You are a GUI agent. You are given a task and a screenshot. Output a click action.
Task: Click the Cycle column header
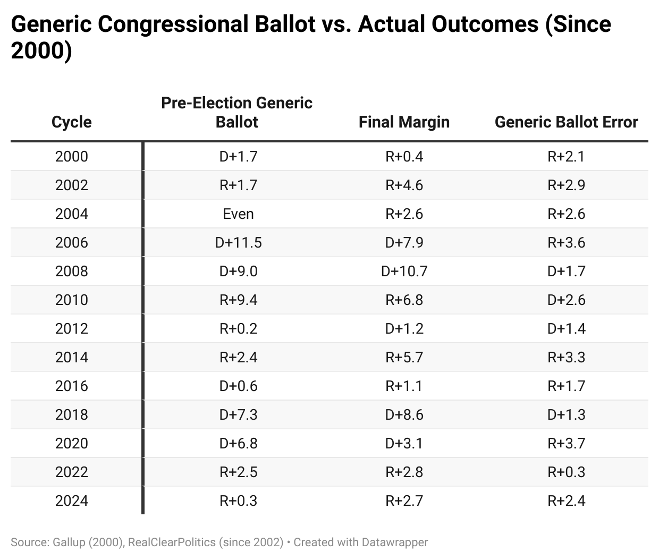(71, 122)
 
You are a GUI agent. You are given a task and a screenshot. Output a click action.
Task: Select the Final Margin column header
(404, 122)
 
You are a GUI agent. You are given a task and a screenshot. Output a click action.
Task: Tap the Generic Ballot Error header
(566, 122)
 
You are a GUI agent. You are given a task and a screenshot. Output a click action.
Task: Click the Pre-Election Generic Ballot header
(236, 112)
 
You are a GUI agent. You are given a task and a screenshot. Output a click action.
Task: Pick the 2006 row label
(71, 243)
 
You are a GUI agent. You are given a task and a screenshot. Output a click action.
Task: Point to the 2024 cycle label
(71, 501)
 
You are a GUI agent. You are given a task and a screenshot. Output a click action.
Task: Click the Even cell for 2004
(238, 214)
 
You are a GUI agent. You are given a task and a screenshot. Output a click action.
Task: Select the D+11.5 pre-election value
(238, 243)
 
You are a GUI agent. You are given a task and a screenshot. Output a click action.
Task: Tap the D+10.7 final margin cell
(404, 271)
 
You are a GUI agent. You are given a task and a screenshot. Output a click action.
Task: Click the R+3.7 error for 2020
(566, 444)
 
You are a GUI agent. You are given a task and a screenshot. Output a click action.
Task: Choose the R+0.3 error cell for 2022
(566, 472)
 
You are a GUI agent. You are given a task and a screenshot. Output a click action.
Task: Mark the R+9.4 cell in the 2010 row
(238, 300)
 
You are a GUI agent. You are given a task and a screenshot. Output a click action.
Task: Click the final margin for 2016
(404, 386)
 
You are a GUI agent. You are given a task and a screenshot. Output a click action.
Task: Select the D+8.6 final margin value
(404, 415)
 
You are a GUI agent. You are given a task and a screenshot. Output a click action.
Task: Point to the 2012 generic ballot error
(566, 329)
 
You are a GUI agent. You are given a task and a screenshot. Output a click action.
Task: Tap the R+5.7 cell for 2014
(404, 358)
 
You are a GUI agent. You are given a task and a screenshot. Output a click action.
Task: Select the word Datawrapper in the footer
(394, 542)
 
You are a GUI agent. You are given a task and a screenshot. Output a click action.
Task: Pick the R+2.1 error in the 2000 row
(566, 157)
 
